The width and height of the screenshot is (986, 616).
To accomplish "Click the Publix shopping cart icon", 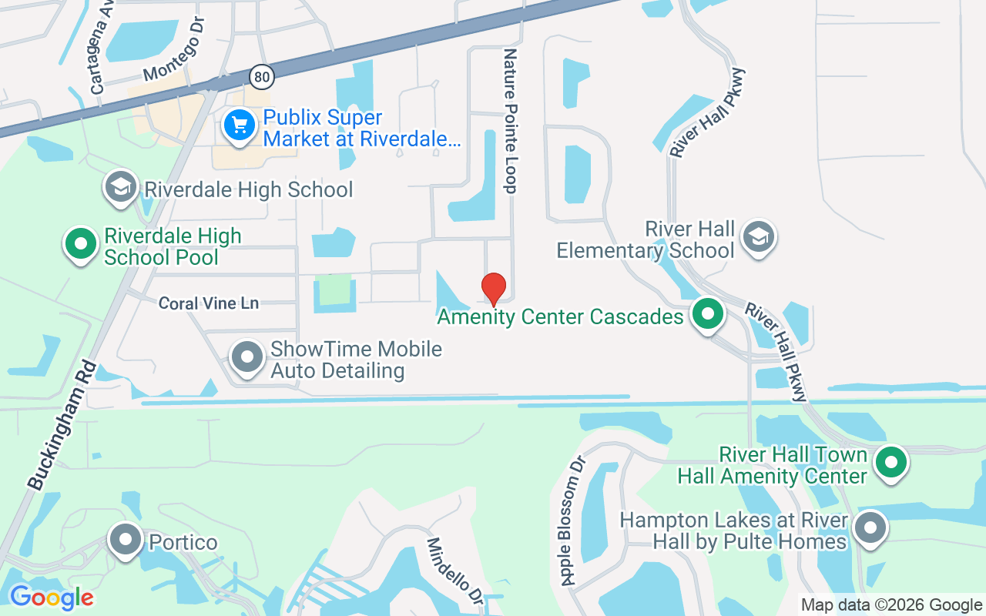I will (239, 125).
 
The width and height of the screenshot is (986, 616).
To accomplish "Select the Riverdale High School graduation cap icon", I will (121, 187).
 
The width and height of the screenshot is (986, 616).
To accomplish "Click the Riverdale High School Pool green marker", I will (79, 244).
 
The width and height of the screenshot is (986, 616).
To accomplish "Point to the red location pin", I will (493, 289).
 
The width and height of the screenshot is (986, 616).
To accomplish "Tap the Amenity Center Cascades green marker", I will (707, 314).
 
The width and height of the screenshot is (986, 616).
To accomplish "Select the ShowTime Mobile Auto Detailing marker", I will (247, 358).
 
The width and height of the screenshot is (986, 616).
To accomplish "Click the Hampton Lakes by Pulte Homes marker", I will (871, 529).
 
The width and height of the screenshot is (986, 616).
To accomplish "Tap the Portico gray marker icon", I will (125, 541).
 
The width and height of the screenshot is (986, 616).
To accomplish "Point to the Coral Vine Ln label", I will (209, 303).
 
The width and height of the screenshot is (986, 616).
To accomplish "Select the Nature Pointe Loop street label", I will (510, 121).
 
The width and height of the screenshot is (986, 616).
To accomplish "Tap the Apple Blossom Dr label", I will (574, 520).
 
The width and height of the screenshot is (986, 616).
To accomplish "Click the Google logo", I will (52, 597).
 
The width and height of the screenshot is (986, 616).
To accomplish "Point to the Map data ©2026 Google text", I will (891, 605).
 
